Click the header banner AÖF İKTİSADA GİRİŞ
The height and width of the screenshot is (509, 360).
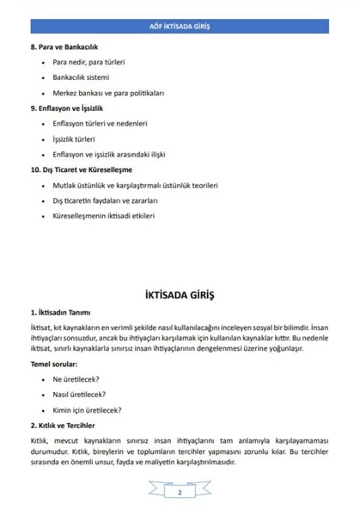tap(180, 27)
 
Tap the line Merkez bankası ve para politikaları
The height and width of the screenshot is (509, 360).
tap(108, 92)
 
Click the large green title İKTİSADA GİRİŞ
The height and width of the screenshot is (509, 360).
tap(180, 295)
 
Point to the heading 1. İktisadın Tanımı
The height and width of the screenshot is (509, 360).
tap(64, 313)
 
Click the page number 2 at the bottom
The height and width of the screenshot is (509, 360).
tap(180, 492)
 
